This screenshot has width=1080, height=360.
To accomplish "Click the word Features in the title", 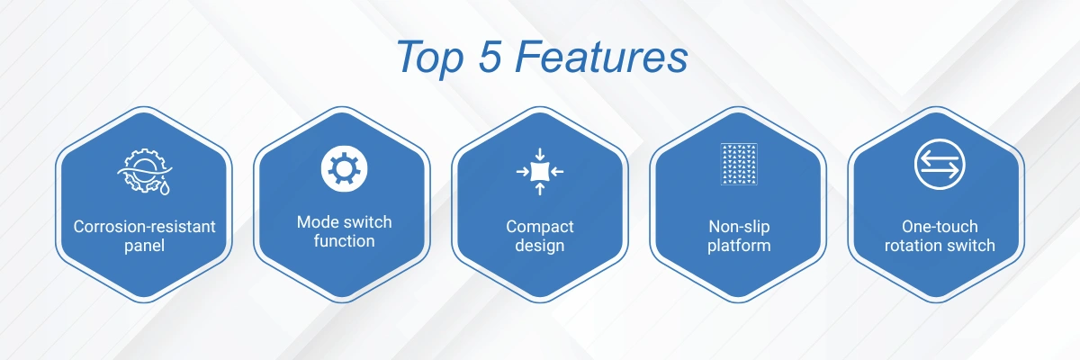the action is click(x=601, y=57).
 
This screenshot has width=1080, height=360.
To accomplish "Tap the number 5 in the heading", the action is click(x=490, y=57).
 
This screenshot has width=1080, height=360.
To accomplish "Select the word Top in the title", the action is click(x=430, y=58).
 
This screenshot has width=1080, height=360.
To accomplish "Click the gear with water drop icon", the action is click(x=145, y=171).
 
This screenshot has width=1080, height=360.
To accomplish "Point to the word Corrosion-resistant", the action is click(x=145, y=227).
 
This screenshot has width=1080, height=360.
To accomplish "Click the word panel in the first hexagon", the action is click(x=145, y=246).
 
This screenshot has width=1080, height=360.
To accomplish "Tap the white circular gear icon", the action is click(x=344, y=168).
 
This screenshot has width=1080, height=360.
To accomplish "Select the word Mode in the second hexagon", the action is click(x=317, y=222).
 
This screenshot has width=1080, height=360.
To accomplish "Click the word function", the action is click(x=344, y=241).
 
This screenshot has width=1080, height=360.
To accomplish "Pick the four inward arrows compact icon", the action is click(x=540, y=172).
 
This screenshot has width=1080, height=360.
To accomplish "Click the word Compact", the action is click(x=540, y=227).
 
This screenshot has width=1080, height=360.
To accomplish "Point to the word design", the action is click(x=540, y=246).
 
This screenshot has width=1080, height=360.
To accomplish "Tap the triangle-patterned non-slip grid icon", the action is click(x=739, y=165).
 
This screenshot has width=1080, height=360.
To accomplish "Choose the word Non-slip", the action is click(x=739, y=227).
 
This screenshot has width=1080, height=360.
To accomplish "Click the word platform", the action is click(x=739, y=246).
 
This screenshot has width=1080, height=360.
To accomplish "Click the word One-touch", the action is click(x=940, y=227).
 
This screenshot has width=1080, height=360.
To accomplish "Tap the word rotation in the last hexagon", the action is click(x=909, y=246).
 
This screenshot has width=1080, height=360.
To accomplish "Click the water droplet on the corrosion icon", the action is click(x=165, y=188).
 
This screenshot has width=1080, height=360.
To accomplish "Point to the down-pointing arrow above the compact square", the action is click(x=540, y=155).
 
